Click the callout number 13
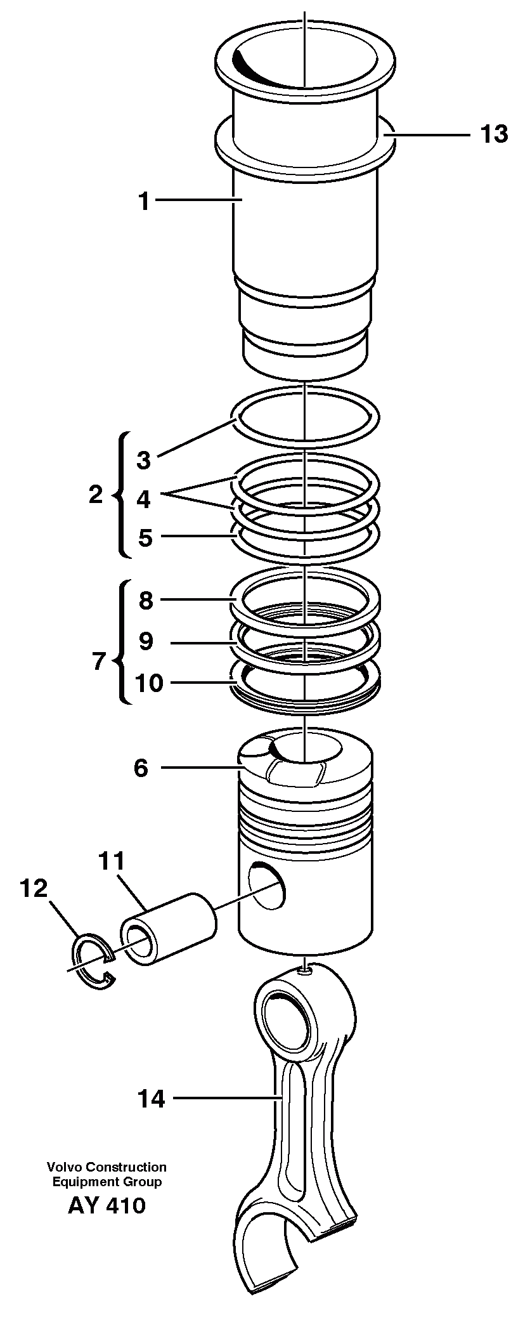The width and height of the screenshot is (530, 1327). (x=494, y=134)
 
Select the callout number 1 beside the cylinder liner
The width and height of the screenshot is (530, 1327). (x=144, y=202)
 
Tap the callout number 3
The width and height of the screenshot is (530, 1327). (x=144, y=460)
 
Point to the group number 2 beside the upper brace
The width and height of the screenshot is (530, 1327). (x=95, y=495)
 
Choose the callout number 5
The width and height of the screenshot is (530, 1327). (x=145, y=538)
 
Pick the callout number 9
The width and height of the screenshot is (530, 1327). (x=146, y=641)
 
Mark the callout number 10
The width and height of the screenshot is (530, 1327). (x=149, y=683)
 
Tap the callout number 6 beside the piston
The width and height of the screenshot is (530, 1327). (x=140, y=768)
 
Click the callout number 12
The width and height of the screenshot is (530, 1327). (x=34, y=889)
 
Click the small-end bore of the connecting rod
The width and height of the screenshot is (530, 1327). (x=288, y=1023)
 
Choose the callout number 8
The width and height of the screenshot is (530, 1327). (x=146, y=600)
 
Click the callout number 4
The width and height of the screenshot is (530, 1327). (x=144, y=499)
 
